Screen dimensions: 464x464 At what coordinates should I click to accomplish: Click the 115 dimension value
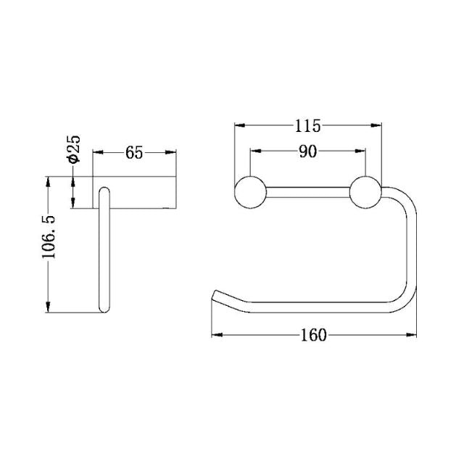tap(307, 126)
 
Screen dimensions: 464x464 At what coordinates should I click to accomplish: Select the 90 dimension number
tap(307, 152)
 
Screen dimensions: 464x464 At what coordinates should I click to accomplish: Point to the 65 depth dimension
tap(134, 152)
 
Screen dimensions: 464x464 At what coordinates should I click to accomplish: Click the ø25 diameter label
tap(73, 149)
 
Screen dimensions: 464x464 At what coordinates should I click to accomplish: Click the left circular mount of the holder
tap(249, 192)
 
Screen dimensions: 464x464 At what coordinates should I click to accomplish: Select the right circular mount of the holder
tap(365, 192)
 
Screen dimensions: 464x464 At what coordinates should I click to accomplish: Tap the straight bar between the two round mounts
tap(307, 192)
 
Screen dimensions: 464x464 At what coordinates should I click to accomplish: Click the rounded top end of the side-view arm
tap(104, 192)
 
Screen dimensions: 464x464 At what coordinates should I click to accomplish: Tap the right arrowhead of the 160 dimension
tap(413, 334)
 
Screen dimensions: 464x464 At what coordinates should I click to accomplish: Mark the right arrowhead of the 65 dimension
tap(173, 152)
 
